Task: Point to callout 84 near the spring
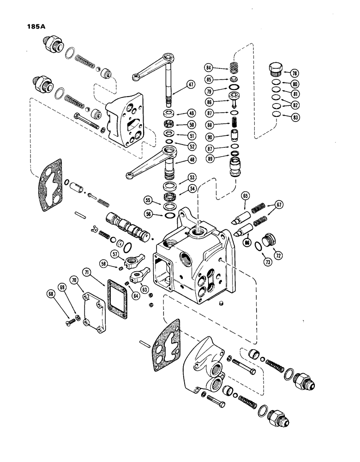click(210, 68)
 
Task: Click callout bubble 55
click(148, 201)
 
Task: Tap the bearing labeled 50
click(172, 124)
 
